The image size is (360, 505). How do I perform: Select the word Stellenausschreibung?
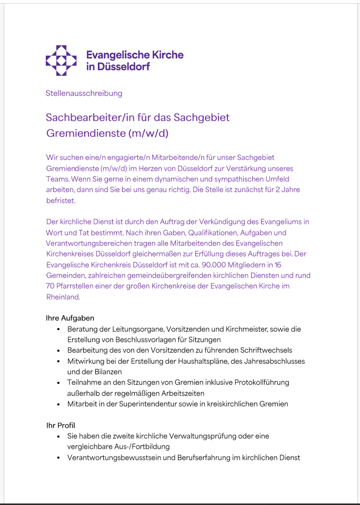click(84, 93)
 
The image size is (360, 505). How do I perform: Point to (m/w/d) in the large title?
click(148, 133)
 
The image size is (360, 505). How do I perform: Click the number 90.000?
click(205, 264)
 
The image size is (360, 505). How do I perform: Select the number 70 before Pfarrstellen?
click(51, 286)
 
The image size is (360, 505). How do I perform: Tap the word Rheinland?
click(63, 297)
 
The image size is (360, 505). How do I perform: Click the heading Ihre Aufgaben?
click(70, 318)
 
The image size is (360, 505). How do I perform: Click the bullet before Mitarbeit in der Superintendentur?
click(58, 404)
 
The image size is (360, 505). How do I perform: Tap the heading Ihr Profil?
click(61, 425)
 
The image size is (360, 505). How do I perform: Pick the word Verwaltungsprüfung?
click(218, 436)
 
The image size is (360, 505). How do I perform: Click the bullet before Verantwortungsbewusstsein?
click(58, 458)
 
